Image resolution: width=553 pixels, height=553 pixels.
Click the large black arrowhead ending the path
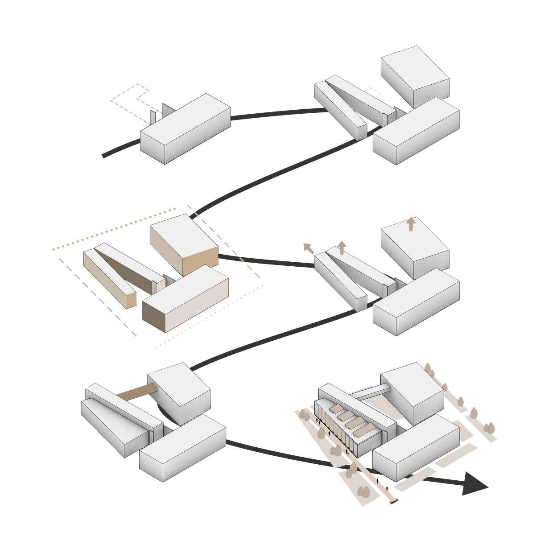pyautogui.click(x=474, y=484)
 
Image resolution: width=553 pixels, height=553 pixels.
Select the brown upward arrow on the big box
pyautogui.click(x=411, y=224)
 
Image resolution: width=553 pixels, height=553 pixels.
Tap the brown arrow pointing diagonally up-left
pyautogui.click(x=308, y=248)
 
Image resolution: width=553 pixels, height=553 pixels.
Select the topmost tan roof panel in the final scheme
pyautogui.click(x=336, y=409)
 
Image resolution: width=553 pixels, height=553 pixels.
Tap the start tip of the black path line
pyautogui.click(x=104, y=156)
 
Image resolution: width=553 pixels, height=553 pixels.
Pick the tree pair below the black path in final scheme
pyautogui.click(x=363, y=492)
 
